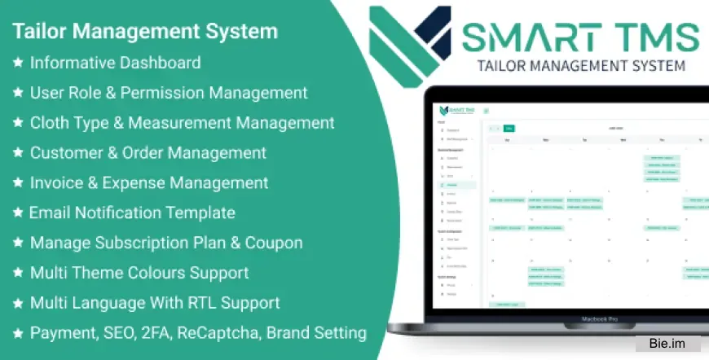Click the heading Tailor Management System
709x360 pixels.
pos(145,31)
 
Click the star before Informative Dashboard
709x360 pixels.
pos(17,62)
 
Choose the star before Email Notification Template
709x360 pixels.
pos(17,213)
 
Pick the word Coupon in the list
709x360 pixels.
pos(275,243)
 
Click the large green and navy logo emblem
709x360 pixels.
pos(408,42)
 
